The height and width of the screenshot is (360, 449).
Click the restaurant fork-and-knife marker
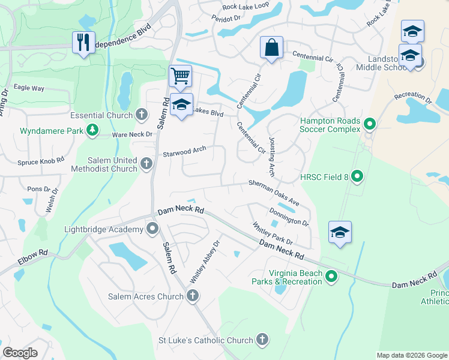pyautogui.click(x=83, y=43)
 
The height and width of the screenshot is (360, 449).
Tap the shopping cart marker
pyautogui.click(x=180, y=76)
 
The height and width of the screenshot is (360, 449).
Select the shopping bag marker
pyautogui.click(x=271, y=47)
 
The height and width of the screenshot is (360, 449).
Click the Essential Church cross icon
pyautogui.click(x=142, y=114)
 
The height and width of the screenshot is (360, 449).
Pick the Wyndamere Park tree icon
pyautogui.click(x=92, y=130)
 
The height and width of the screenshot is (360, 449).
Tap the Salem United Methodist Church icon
pyautogui.click(x=146, y=163)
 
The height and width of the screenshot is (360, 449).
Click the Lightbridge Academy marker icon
pyautogui.click(x=153, y=228)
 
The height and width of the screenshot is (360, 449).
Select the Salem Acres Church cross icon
pyautogui.click(x=192, y=295)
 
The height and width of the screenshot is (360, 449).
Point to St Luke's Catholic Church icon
pyautogui.click(x=262, y=340)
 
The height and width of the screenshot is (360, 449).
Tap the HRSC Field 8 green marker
pyautogui.click(x=357, y=176)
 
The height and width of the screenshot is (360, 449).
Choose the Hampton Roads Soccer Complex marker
pyautogui.click(x=370, y=125)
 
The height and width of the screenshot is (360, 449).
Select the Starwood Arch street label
pyautogui.click(x=184, y=152)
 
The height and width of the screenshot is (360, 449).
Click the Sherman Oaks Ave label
pyautogui.click(x=274, y=191)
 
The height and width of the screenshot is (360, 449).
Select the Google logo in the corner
pyautogui.click(x=20, y=353)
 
